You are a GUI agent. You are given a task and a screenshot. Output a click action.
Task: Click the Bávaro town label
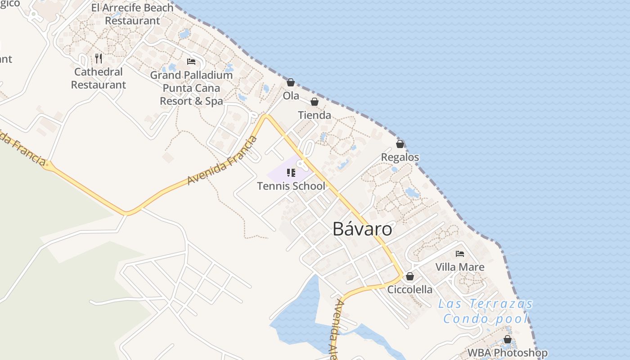coord(362,229)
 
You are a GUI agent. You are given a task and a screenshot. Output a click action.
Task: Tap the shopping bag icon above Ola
coord(291,82)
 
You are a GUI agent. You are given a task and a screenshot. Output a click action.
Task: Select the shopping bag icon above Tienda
coord(315,102)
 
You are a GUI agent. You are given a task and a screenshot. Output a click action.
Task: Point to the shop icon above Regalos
coord(400,144)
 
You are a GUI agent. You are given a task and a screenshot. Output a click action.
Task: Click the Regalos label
coord(400,157)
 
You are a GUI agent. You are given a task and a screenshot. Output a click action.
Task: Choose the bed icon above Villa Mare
coord(460,254)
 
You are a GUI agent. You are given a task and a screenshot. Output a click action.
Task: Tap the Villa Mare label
coord(460,267)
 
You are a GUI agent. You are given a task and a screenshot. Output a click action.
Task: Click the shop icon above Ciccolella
coord(410,276)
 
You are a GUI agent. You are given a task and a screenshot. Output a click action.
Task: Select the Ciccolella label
coord(410,289)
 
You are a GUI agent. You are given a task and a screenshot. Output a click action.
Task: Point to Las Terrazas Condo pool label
coord(485,311)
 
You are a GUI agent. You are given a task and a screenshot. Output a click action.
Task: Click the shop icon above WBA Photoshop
coord(508,339)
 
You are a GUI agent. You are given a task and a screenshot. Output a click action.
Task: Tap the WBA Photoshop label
coord(508,353)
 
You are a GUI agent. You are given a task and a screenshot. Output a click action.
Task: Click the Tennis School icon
coord(291,173)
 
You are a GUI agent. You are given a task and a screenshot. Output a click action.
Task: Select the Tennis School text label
coord(291,186)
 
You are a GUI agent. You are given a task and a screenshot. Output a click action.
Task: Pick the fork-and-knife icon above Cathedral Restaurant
coord(99,58)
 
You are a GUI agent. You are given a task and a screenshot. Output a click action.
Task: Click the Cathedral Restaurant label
coord(99,78)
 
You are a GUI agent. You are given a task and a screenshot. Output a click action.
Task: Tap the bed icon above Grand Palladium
coord(191,62)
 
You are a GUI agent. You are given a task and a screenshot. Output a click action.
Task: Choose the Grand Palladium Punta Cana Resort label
coord(191,88)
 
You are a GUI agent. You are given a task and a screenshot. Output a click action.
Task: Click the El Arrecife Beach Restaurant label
coord(132,14)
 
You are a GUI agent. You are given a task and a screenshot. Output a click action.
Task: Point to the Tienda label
coord(315,115)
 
